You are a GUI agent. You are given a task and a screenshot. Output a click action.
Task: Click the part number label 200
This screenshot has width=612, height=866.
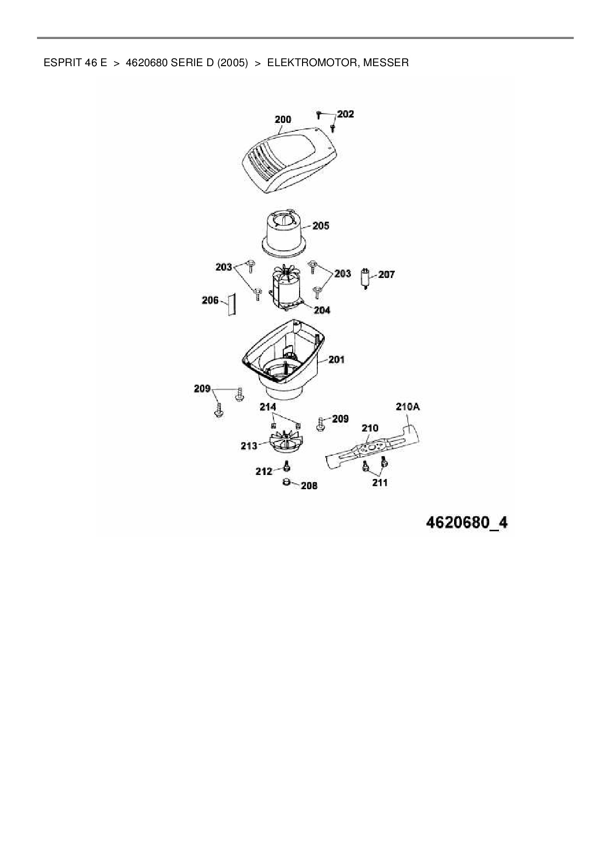click(x=283, y=119)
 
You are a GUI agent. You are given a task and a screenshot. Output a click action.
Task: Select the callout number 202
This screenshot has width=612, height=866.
click(x=345, y=114)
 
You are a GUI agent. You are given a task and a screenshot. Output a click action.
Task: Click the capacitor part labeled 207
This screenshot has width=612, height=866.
click(x=366, y=278)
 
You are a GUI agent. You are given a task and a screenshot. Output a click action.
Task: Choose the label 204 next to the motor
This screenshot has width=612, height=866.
click(x=322, y=310)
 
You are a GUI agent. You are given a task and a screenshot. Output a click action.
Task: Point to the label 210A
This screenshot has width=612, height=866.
click(x=408, y=407)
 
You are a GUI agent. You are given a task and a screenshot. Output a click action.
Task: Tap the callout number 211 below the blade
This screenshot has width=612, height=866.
click(x=380, y=482)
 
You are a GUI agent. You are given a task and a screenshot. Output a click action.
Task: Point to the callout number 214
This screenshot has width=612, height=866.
click(x=268, y=407)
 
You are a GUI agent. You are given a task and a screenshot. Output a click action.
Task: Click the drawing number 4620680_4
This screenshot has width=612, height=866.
click(x=466, y=522)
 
